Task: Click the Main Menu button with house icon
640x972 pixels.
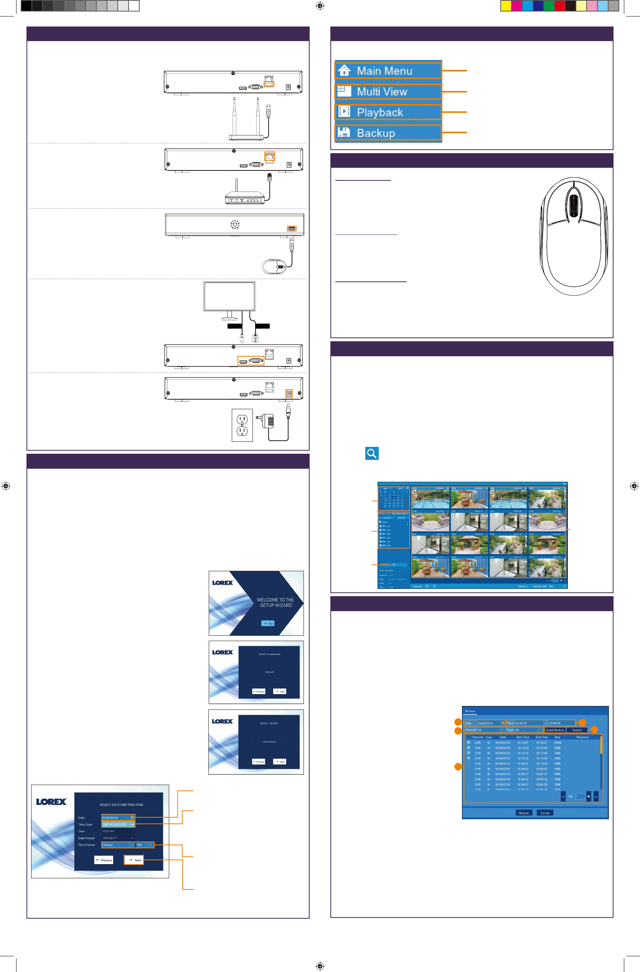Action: click(x=388, y=71)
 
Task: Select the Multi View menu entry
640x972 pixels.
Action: click(x=388, y=91)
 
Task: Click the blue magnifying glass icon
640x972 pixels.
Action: click(x=372, y=453)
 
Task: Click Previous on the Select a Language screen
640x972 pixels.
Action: click(x=259, y=691)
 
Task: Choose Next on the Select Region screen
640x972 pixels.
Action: click(x=280, y=762)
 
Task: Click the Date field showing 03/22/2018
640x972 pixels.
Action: click(x=117, y=818)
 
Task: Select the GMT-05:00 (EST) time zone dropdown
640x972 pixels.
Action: click(x=117, y=825)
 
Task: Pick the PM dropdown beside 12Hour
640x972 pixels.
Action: click(x=145, y=845)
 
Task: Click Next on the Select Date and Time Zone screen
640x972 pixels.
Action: click(x=134, y=860)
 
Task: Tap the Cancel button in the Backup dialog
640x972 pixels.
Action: click(x=544, y=813)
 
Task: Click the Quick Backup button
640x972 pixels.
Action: click(x=555, y=730)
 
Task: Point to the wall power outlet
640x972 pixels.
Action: click(x=242, y=425)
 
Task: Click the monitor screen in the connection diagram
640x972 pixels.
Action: click(x=229, y=296)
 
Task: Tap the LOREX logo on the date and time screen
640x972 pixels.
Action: click(x=51, y=802)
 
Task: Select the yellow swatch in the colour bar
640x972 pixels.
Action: click(x=506, y=6)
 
